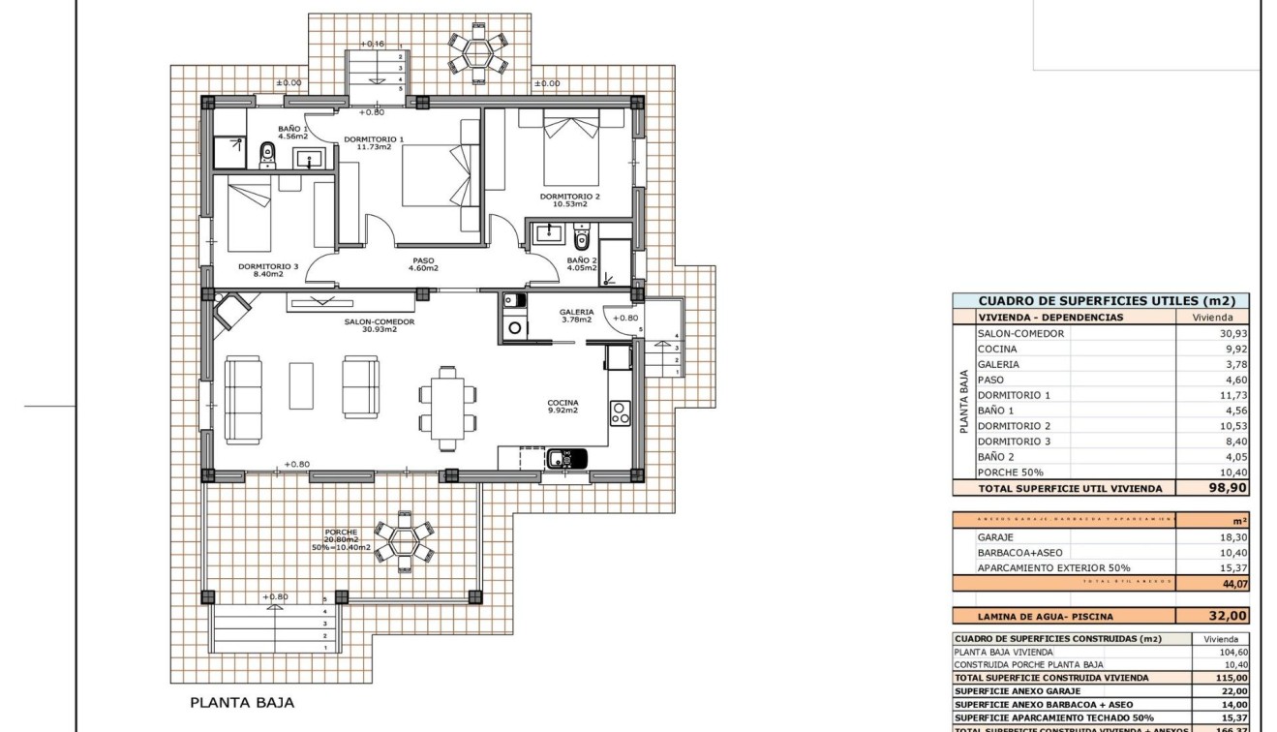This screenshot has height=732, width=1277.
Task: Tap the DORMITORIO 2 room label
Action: [x=569, y=200]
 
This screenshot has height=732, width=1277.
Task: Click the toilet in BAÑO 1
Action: [x=267, y=153]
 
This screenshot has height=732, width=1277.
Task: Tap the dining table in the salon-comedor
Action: [x=446, y=408]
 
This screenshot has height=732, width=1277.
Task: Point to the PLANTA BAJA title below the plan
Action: [x=241, y=703]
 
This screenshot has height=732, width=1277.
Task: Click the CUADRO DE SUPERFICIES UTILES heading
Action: [x=1100, y=301]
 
